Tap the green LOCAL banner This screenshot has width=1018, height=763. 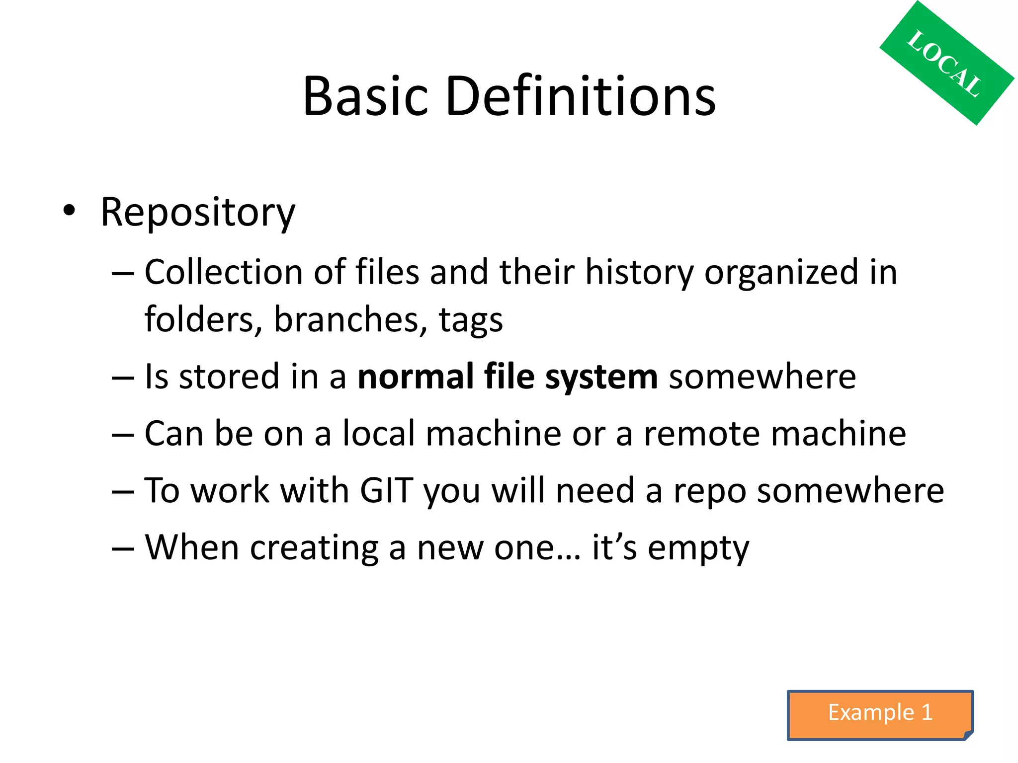pos(946,63)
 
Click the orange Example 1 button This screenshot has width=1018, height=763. pos(880,714)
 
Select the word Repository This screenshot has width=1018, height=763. pos(198,213)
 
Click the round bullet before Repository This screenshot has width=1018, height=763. pos(69,211)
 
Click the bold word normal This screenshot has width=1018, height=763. pos(416,377)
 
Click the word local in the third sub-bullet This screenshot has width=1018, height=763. pos(379,433)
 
